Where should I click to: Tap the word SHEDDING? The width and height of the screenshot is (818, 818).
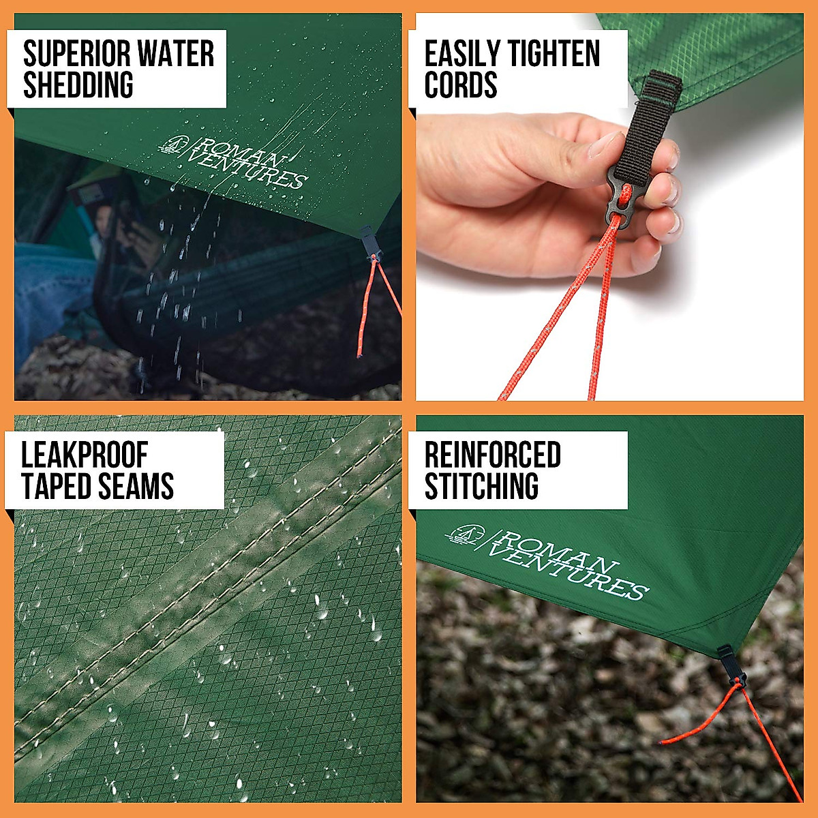click(x=78, y=85)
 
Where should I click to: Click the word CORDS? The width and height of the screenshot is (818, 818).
click(x=460, y=85)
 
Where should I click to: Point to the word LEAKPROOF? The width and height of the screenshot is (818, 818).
click(x=84, y=455)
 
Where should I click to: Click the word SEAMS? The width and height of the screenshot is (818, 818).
click(x=136, y=487)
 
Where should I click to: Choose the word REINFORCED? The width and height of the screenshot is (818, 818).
click(x=492, y=455)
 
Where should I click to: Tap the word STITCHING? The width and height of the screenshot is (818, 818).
click(x=481, y=487)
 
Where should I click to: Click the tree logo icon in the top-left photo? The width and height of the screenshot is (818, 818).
click(x=175, y=145)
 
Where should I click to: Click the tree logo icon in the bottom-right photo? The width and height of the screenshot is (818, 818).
click(x=465, y=534)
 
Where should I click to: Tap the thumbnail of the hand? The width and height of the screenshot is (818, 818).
click(x=605, y=145)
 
